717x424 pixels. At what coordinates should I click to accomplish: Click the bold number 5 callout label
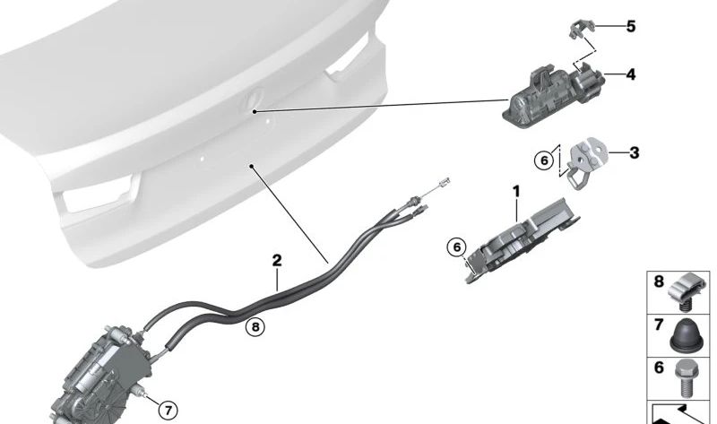pyautogui.click(x=631, y=27)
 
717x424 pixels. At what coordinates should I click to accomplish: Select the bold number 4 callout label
pyautogui.click(x=631, y=74)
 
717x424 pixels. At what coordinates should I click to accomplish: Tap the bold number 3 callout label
pyautogui.click(x=635, y=153)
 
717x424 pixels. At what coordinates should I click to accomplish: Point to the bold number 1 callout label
pyautogui.click(x=516, y=191)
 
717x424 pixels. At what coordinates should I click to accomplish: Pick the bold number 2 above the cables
pyautogui.click(x=277, y=261)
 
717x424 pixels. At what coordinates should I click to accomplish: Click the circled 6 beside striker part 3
pyautogui.click(x=544, y=160)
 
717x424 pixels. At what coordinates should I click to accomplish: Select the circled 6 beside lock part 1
pyautogui.click(x=456, y=246)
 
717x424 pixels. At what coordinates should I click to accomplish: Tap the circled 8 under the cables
pyautogui.click(x=255, y=327)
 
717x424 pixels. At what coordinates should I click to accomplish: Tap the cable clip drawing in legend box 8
pyautogui.click(x=687, y=289)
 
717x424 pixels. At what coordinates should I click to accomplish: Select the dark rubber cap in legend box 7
pyautogui.click(x=687, y=335)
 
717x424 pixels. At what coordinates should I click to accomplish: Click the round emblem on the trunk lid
pyautogui.click(x=253, y=106)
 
